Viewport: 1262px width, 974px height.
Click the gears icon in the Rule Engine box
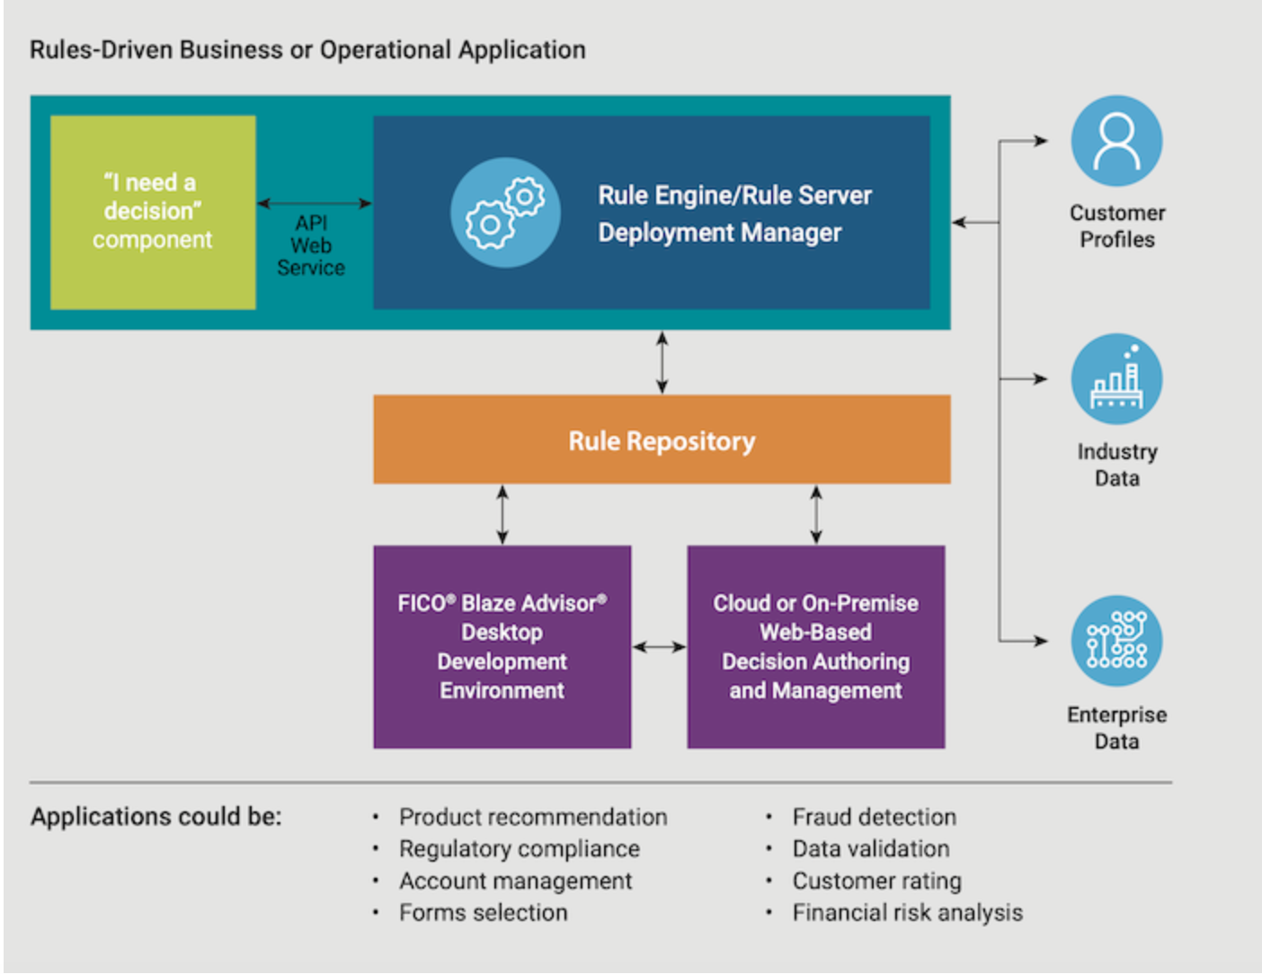pos(505,213)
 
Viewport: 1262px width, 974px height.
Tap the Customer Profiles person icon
pos(1116,141)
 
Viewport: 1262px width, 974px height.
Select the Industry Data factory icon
pos(1116,379)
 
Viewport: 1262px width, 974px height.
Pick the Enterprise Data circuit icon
pos(1116,641)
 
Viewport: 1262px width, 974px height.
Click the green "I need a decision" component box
pos(153,212)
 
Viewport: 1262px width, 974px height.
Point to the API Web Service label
pos(311,245)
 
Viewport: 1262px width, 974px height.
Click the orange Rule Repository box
pos(662,440)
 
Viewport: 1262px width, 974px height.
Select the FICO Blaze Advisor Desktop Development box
pos(502,647)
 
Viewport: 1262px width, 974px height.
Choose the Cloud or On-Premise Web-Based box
pos(815,647)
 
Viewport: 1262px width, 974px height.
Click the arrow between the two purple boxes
pos(659,647)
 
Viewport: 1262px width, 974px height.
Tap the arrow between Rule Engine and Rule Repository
pos(662,362)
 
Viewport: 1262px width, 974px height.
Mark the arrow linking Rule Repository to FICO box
pos(502,515)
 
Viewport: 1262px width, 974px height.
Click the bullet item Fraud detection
pos(874,817)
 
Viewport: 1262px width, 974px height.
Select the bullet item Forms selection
pos(484,913)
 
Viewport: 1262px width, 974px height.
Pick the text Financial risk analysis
pos(907,913)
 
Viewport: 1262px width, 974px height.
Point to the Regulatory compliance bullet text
pos(520,849)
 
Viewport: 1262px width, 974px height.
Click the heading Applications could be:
pos(156,817)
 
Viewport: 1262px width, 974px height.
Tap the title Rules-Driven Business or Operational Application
pos(307,49)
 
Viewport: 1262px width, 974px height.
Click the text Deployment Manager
pos(719,233)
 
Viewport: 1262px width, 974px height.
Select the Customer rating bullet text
pos(876,881)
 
